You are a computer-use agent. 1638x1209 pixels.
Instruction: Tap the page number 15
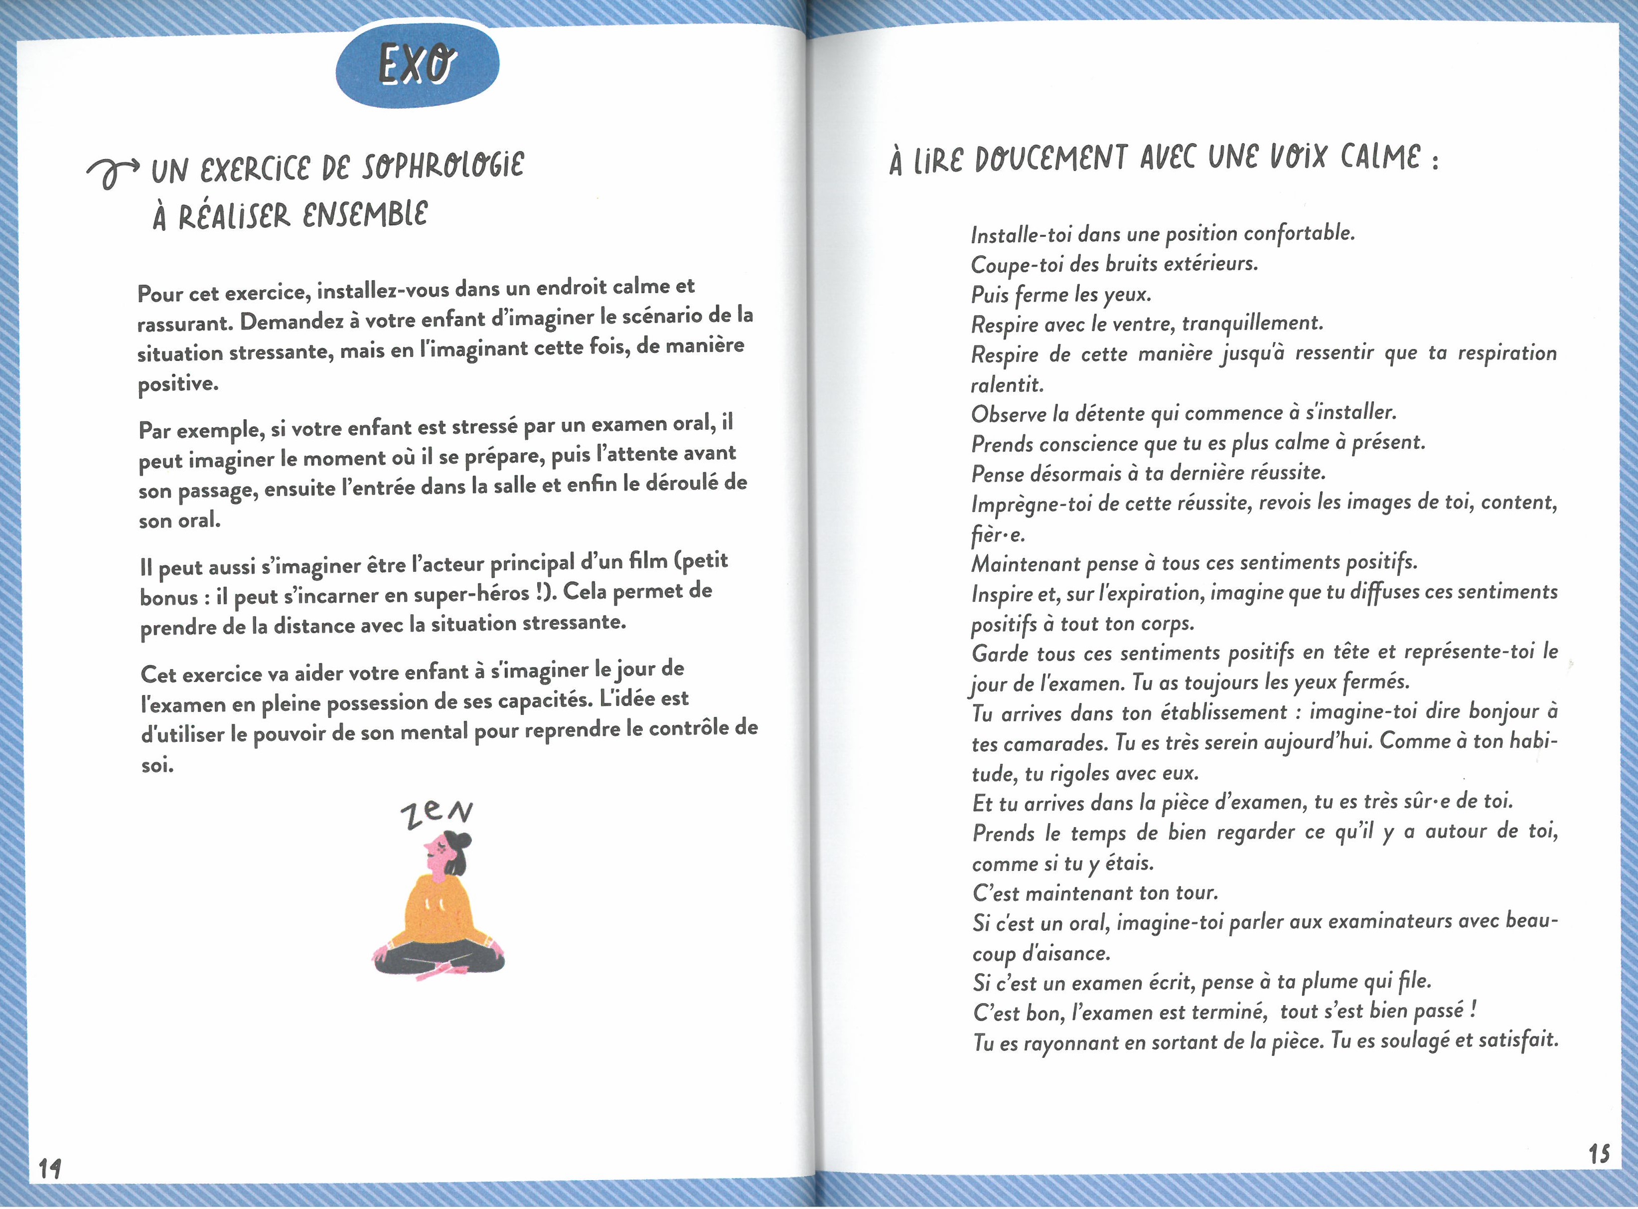(x=1599, y=1154)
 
